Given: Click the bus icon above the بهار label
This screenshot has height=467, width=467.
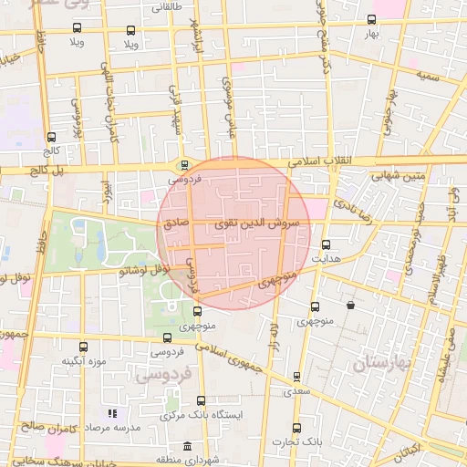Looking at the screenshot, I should (x=370, y=20).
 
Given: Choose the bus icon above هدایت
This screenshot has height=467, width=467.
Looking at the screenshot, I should (x=326, y=244).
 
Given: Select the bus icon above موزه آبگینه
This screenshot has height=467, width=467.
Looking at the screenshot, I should (x=83, y=348).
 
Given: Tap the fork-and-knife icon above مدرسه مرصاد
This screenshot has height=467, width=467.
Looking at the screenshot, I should (x=113, y=414).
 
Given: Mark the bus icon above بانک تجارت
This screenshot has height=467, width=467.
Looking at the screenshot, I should (x=296, y=429).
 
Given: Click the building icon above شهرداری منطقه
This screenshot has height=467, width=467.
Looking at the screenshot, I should (x=187, y=446).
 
